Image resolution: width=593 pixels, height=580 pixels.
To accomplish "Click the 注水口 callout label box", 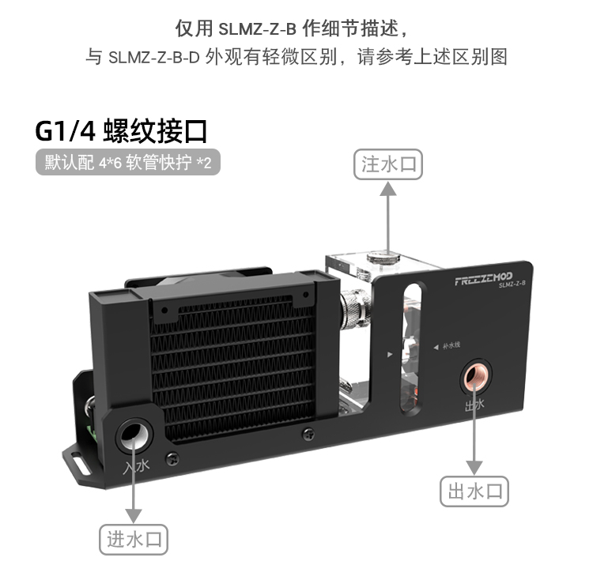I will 387,164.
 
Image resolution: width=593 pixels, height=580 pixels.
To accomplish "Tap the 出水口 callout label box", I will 474,491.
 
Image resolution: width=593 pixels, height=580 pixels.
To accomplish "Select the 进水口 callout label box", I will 134,540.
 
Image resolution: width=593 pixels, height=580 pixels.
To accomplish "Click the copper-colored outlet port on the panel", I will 476,377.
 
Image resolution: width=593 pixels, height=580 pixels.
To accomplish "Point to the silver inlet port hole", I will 133,435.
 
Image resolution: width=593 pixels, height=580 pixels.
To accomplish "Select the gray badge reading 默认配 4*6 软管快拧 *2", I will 127,164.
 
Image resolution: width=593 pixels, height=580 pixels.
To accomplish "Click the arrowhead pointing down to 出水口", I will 474,466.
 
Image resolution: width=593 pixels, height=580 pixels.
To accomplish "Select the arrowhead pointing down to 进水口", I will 134,514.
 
